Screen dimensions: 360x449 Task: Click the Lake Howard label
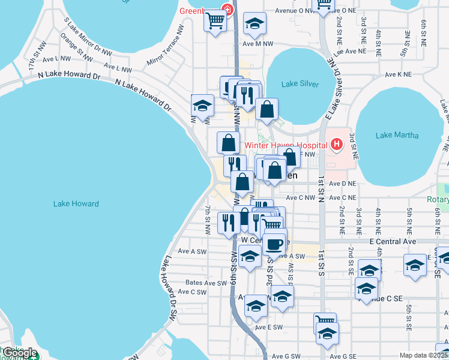coord(76,204)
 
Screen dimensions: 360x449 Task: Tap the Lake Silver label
coord(301,85)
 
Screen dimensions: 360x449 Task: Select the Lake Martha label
coord(397,136)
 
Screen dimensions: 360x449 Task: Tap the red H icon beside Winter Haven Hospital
coord(336,145)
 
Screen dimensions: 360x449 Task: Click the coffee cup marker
coord(275,243)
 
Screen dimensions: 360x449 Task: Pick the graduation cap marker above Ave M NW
coord(255,24)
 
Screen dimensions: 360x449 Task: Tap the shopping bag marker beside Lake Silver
coord(267,110)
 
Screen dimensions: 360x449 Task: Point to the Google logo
coord(19,353)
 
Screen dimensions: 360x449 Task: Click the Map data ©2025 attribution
coord(423,355)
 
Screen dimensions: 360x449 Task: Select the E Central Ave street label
coord(393,241)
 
